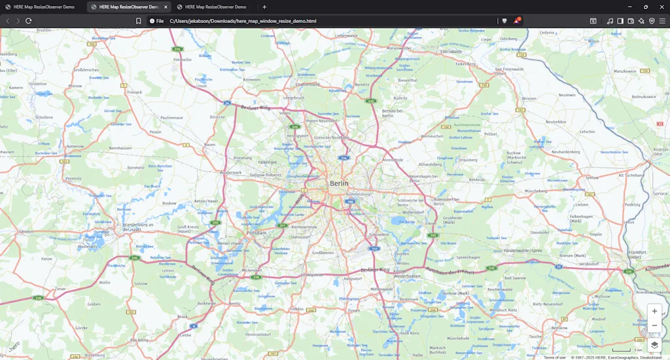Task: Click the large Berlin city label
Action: (340, 183)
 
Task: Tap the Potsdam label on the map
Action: (256, 232)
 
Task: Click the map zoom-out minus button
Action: (654, 325)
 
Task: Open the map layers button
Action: (654, 344)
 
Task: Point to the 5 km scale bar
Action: (622, 351)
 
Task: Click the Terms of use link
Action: (554, 357)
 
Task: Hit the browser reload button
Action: (29, 21)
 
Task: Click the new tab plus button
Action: (264, 7)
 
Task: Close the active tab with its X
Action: (166, 7)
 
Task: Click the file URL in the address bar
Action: (243, 21)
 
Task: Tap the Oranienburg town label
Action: (308, 84)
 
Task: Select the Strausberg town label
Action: (467, 159)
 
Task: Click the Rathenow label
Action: (75, 146)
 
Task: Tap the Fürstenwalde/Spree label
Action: (523, 251)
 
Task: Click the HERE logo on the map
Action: (13, 346)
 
